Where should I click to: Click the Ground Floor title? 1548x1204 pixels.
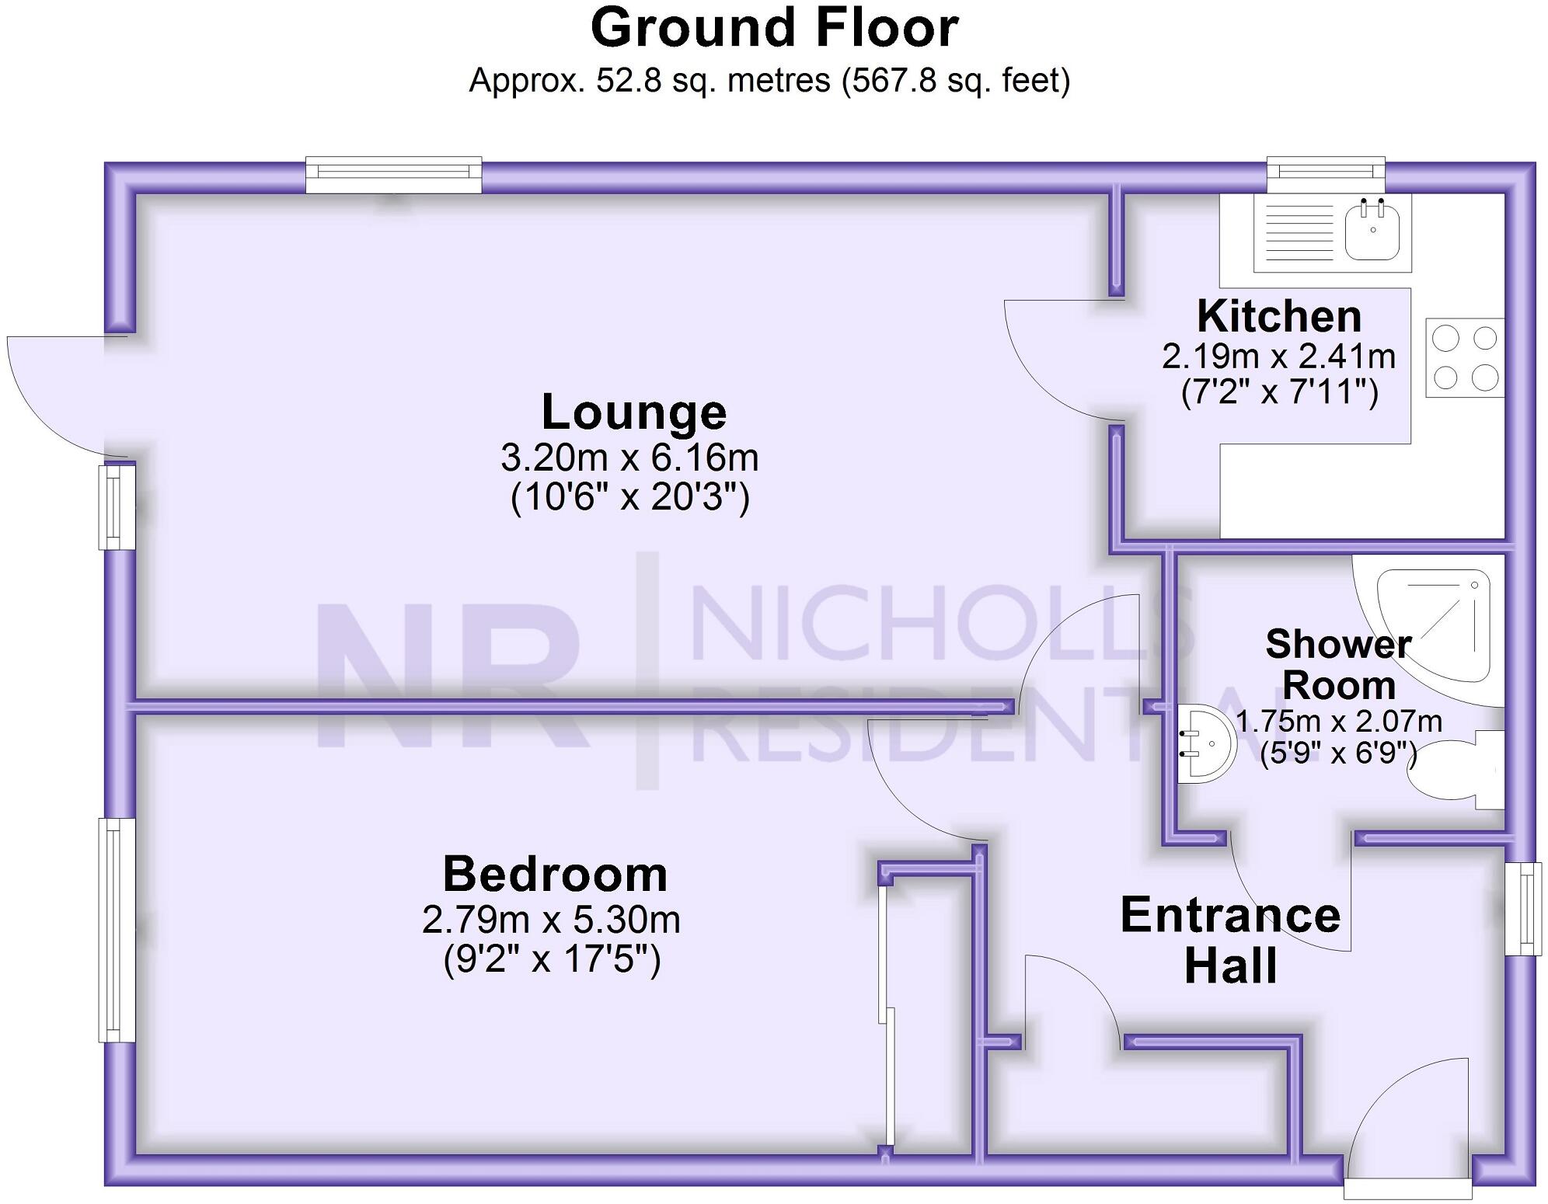pos(774,29)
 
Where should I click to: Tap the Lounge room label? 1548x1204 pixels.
pos(633,412)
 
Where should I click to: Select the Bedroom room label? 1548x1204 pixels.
pos(555,874)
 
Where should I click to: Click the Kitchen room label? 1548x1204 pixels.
pos(1279,316)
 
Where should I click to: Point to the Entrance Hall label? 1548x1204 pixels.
pos(1230,940)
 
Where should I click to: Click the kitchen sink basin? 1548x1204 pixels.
pos(1372,231)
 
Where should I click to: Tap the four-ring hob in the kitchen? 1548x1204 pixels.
pos(1464,358)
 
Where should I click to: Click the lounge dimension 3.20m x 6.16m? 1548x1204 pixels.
pos(629,458)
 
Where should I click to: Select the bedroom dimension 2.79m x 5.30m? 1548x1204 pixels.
pos(551,920)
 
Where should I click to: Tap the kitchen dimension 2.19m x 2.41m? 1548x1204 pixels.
pos(1278,357)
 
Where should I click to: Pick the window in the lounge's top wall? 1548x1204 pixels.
pos(393,175)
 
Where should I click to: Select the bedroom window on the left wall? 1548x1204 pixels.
pos(117,930)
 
